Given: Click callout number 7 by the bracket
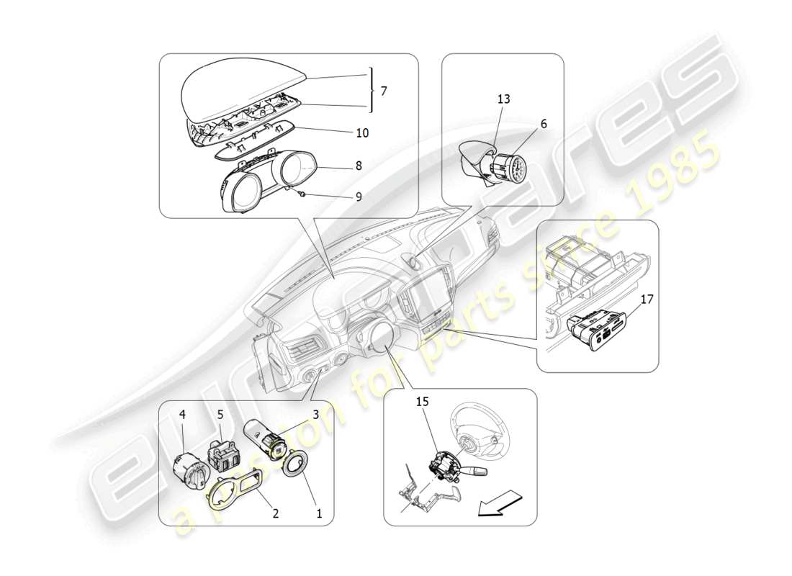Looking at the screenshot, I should click(x=384, y=91).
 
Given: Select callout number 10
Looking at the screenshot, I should click(x=362, y=133).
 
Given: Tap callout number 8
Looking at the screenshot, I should click(x=358, y=166).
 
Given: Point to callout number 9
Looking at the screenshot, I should click(x=358, y=195).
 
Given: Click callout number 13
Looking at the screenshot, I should click(x=503, y=99).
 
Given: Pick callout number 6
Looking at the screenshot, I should click(x=544, y=124).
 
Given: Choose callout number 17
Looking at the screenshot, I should click(x=647, y=299).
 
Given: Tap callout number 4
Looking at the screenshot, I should click(x=182, y=415).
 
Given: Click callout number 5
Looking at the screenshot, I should click(x=220, y=415).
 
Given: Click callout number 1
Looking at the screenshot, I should click(x=320, y=513).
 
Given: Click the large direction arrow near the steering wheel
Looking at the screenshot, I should click(x=499, y=503).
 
